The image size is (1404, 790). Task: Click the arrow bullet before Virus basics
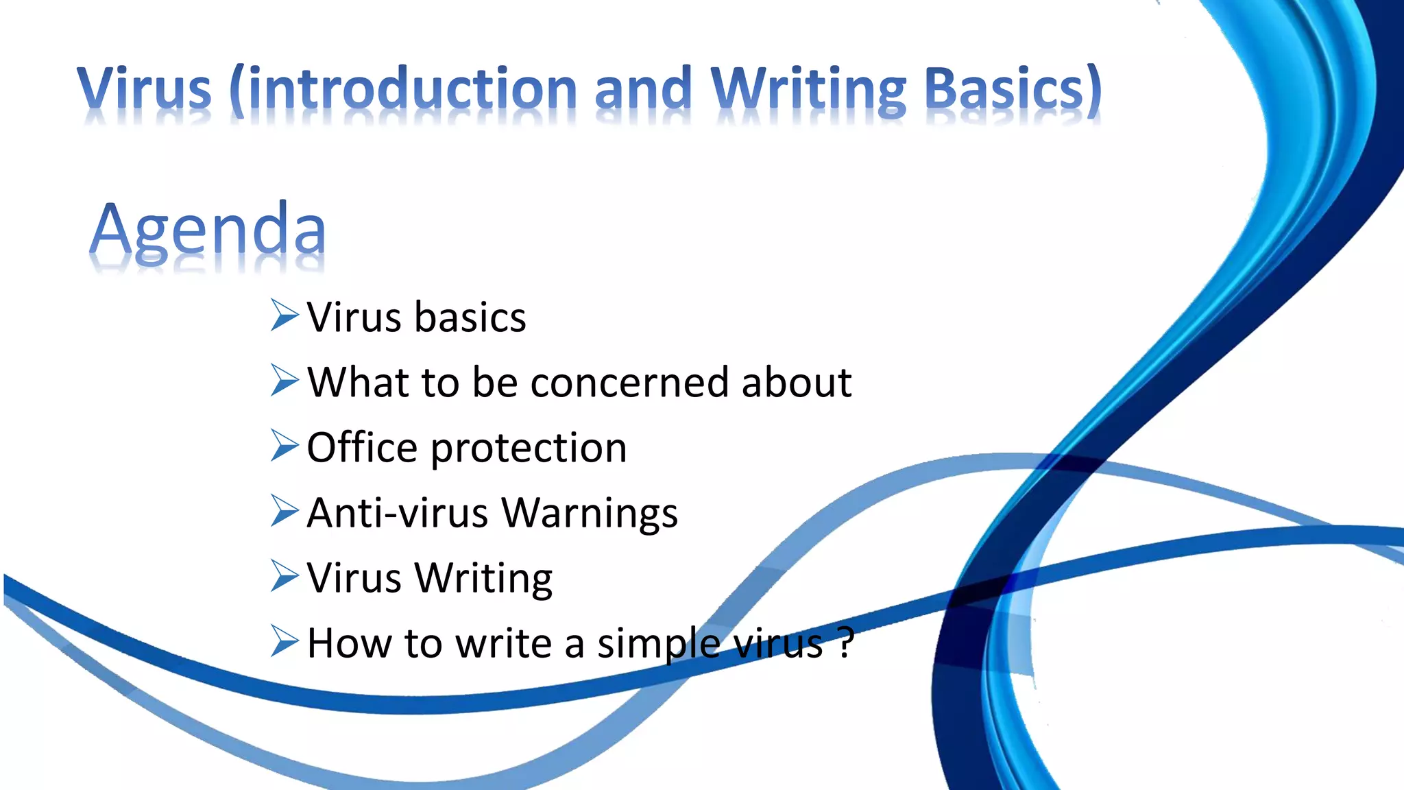tap(285, 315)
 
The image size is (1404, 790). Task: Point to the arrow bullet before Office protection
tap(285, 446)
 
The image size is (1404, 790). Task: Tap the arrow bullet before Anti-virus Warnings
tap(285, 511)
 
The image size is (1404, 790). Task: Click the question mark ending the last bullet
tap(846, 643)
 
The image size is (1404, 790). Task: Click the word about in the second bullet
tap(796, 383)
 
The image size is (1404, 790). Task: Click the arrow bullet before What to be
tap(285, 381)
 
